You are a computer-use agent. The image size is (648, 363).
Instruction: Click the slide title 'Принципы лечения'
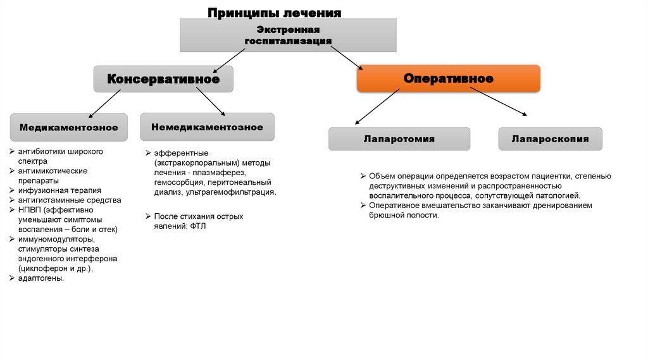click(275, 13)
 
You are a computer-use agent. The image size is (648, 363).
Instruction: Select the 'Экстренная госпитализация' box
click(288, 35)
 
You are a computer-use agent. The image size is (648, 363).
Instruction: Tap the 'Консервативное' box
click(163, 79)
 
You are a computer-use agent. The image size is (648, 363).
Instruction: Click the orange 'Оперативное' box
click(448, 78)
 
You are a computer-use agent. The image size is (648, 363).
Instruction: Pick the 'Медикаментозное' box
click(68, 127)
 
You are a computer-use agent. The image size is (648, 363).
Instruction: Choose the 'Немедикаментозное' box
click(207, 126)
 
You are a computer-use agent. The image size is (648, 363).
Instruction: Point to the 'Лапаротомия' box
click(399, 138)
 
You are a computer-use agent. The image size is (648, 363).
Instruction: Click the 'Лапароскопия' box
click(550, 138)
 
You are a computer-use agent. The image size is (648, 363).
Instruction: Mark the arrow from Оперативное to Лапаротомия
click(377, 106)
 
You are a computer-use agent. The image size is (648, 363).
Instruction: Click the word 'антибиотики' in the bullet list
click(40, 152)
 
